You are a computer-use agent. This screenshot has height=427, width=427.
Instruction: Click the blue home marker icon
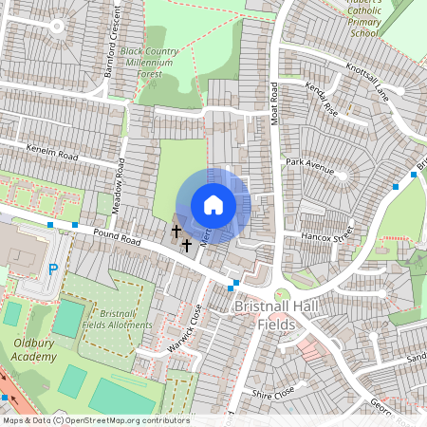pyautogui.click(x=213, y=205)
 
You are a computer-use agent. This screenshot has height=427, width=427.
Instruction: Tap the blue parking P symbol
pyautogui.click(x=53, y=269)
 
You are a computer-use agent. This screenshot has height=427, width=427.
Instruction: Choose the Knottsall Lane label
pyautogui.click(x=367, y=83)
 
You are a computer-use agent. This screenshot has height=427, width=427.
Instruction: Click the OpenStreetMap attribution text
pyautogui.click(x=95, y=420)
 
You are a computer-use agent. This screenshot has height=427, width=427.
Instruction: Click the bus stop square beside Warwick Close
pyautogui.click(x=232, y=285)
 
